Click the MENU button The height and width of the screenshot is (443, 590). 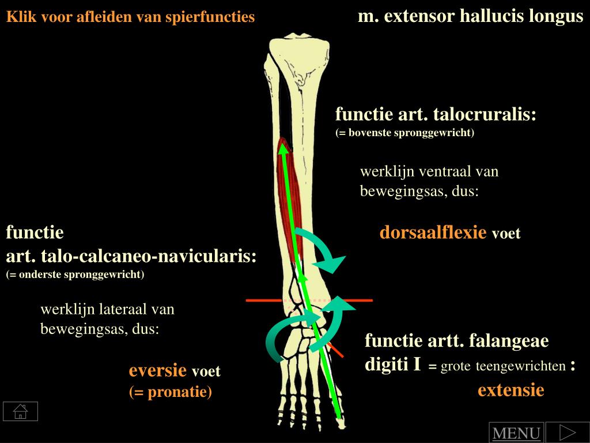[516, 433]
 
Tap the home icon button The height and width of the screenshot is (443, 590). [20, 411]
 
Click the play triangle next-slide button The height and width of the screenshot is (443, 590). [567, 432]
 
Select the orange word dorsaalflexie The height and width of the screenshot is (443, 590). [433, 233]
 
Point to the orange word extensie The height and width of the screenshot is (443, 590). [510, 391]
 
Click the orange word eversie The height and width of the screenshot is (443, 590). [157, 370]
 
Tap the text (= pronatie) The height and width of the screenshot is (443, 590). [171, 393]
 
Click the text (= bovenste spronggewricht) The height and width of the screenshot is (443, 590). [404, 133]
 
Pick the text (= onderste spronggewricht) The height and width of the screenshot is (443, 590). [75, 275]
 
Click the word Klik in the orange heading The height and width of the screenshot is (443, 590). [17, 17]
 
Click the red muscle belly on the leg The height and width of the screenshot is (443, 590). [288, 196]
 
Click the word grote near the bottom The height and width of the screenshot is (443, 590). [457, 366]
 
